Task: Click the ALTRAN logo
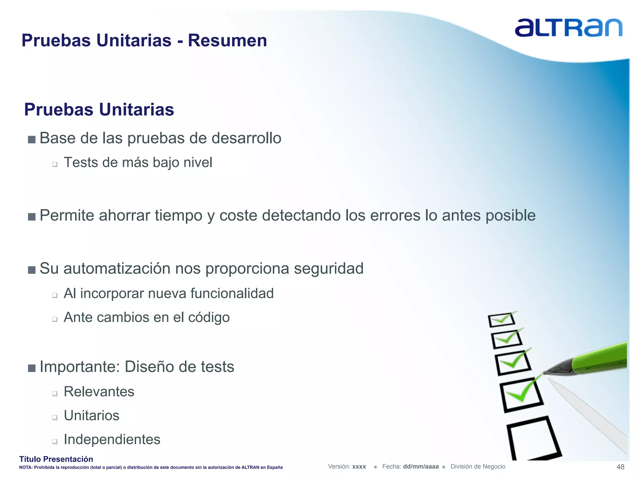(x=568, y=28)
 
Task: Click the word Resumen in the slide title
(x=227, y=40)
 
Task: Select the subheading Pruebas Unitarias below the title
(x=99, y=110)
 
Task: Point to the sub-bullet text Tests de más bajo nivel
(x=138, y=162)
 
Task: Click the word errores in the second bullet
(x=395, y=215)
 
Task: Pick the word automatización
(x=117, y=268)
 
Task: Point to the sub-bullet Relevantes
(x=99, y=391)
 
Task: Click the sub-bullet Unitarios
(x=91, y=415)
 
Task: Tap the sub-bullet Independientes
(x=112, y=439)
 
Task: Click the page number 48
(x=620, y=467)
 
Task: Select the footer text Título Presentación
(x=56, y=459)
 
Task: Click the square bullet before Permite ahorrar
(x=31, y=217)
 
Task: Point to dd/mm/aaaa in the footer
(x=421, y=466)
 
